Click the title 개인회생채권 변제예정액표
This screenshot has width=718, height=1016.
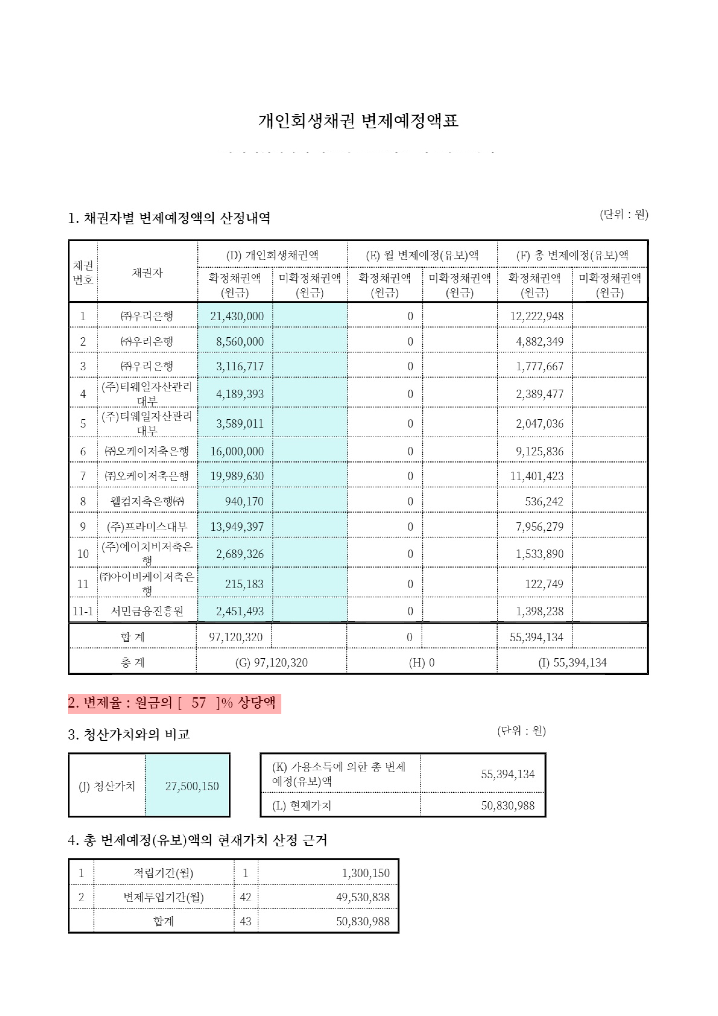point(358,121)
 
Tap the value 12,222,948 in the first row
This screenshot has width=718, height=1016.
point(537,316)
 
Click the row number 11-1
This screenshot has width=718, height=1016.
point(83,611)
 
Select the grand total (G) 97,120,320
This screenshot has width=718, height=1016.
point(271,662)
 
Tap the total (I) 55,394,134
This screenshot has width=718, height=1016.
point(572,662)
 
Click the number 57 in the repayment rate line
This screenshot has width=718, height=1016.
point(199,703)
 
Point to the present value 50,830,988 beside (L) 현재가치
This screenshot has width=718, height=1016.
point(508,805)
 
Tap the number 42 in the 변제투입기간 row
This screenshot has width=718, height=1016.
point(246,897)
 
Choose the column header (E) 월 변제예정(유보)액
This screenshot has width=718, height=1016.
point(422,255)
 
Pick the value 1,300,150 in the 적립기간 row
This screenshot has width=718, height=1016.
point(365,873)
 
